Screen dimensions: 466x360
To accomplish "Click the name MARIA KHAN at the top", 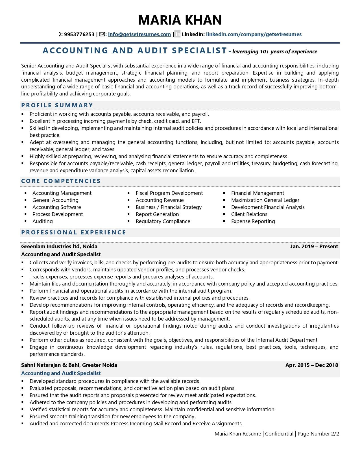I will (180, 20).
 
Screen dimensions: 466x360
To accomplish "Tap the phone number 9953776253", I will (79, 34).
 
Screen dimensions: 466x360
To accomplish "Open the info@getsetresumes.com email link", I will (139, 34).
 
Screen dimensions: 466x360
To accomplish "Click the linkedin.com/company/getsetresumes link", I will (254, 34).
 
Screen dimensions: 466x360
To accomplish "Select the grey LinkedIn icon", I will (177, 34).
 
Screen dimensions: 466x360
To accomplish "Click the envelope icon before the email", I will (102, 34).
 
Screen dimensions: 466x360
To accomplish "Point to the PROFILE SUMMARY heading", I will (57, 105).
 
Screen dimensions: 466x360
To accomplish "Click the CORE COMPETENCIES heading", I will (61, 181).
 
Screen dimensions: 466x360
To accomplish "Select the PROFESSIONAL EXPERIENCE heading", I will (73, 232).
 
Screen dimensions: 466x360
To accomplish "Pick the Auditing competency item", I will (42, 221).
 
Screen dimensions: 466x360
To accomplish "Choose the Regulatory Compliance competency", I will (163, 221).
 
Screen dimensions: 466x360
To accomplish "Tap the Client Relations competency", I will (249, 214).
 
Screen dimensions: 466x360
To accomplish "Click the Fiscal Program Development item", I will (169, 193).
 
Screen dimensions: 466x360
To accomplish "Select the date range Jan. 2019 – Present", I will (314, 247).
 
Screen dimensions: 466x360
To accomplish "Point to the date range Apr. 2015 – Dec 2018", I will (311, 365).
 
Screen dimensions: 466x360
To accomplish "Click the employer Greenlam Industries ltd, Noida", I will (59, 247).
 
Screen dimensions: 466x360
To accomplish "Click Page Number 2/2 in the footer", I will (318, 434).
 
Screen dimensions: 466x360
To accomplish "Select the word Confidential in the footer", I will (279, 434).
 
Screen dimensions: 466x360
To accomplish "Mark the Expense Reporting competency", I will (253, 221).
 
